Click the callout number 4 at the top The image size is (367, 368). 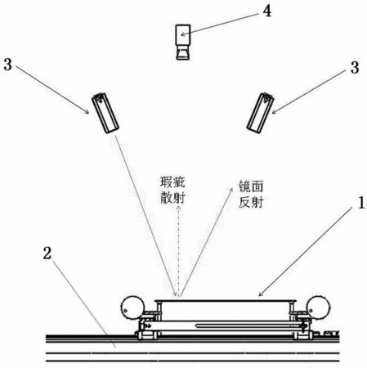pos(267,11)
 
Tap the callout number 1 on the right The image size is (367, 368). pos(361,203)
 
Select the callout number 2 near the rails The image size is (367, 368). pos(47,253)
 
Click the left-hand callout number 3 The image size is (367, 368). pos(8,65)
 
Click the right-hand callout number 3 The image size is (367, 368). pos(355,67)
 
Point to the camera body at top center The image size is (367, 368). pos(183,34)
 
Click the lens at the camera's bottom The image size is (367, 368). pos(182,52)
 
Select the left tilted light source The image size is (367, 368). pos(105,113)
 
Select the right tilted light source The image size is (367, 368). pos(260,113)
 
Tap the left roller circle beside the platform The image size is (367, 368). pos(132,307)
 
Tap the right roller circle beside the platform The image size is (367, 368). pos(318,307)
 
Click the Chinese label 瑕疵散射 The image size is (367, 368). pos(172,190)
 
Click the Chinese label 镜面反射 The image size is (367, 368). pos(251,194)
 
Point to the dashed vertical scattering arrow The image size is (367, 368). pos(179,251)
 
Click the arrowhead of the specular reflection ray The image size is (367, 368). pos(231,190)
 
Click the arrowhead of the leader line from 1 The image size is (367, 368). pos(260,294)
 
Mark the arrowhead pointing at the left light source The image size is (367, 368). pos(87,111)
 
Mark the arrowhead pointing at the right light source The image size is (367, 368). pos(274,112)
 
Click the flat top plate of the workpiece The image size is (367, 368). pos(226,301)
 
